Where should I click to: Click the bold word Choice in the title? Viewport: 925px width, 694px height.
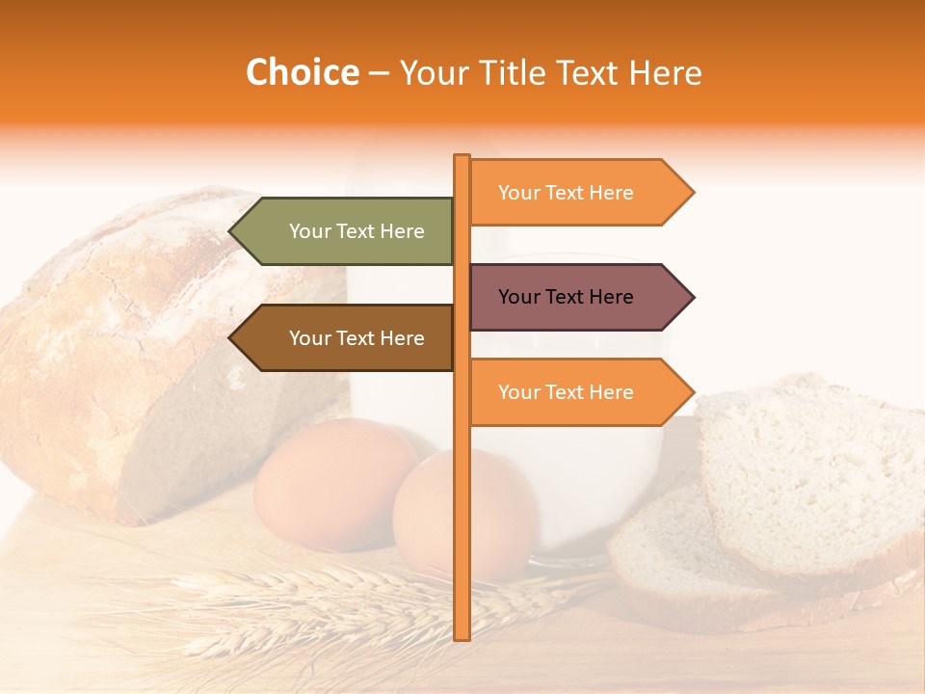click(x=302, y=73)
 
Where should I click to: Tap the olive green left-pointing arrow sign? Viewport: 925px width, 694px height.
click(x=347, y=231)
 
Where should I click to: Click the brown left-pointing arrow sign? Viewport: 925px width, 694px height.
click(x=347, y=338)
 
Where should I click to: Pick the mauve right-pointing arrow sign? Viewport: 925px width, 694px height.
click(x=573, y=297)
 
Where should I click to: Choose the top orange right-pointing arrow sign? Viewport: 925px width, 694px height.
click(x=573, y=193)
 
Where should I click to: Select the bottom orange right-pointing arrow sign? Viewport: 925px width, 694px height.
click(x=573, y=392)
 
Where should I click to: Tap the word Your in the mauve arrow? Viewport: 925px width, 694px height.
click(x=519, y=297)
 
